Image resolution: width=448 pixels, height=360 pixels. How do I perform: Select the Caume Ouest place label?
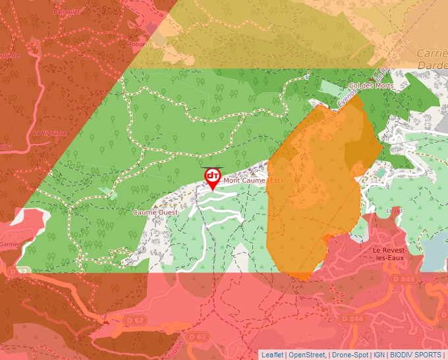[155, 213]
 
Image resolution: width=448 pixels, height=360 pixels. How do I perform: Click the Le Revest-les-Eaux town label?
[397, 255]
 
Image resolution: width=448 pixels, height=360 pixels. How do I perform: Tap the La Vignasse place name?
[50, 132]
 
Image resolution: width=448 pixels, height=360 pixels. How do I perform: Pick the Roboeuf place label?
[137, 45]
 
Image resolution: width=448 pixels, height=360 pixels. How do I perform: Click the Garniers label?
[11, 244]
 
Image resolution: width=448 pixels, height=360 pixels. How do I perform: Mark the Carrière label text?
[432, 53]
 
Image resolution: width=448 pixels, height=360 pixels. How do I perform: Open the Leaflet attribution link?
[272, 355]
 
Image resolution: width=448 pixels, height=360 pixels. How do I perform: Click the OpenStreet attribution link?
[307, 355]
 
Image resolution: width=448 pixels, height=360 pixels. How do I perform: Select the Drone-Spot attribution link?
[350, 355]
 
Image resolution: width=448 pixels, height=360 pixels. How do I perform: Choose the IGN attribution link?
[379, 355]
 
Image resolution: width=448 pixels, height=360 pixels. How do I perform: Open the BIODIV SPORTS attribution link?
[416, 355]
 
